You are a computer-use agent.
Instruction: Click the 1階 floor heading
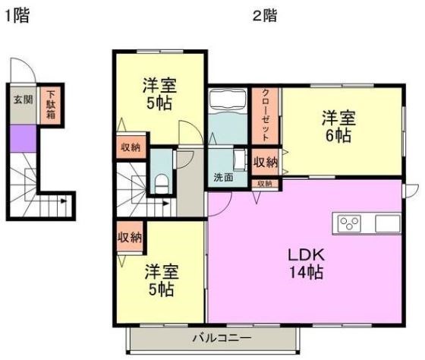[x=17, y=15]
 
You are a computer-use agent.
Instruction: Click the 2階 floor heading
[x=265, y=15]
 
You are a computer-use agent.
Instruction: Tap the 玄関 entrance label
[x=24, y=99]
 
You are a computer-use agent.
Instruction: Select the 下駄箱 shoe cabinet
[x=50, y=105]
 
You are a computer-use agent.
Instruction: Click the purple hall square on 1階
[x=23, y=138]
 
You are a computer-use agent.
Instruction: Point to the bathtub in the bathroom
[x=228, y=99]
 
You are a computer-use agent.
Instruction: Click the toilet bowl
[x=162, y=185]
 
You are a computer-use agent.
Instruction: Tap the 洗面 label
[x=223, y=177]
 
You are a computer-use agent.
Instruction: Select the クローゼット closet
[x=265, y=115]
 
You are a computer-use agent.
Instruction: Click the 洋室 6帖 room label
[x=338, y=126]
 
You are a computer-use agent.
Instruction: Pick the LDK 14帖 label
[x=307, y=264]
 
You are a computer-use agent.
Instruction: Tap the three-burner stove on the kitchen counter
[x=349, y=223]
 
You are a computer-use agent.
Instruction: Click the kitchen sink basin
[x=388, y=223]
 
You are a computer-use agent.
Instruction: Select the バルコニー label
[x=222, y=338]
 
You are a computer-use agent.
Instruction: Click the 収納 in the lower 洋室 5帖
[x=130, y=237]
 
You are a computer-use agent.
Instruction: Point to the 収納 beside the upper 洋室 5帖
[x=131, y=147]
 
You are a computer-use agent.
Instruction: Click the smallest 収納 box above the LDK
[x=265, y=184]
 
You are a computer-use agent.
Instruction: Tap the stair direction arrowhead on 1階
[x=64, y=201]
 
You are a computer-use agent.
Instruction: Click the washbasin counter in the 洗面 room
[x=240, y=159]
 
